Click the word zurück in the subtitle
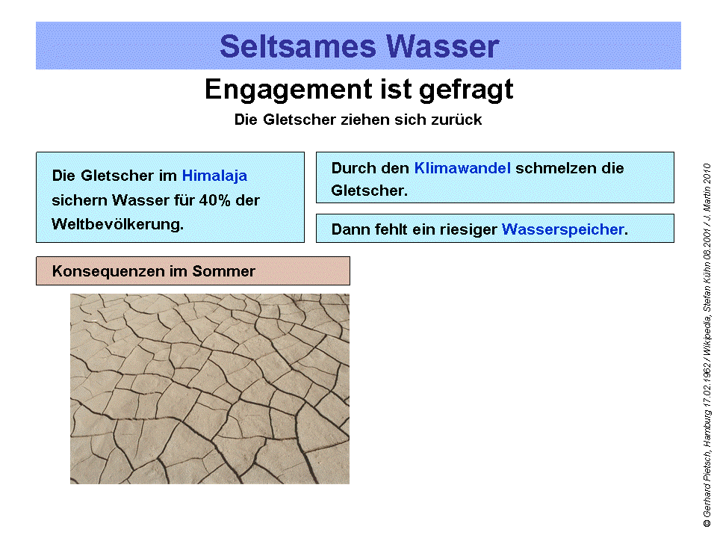pyautogui.click(x=457, y=120)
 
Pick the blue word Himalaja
pyautogui.click(x=214, y=176)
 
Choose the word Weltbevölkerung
pyautogui.click(x=117, y=224)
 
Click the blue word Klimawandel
pyautogui.click(x=462, y=168)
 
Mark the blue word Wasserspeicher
pyautogui.click(x=562, y=230)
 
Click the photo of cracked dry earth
pyautogui.click(x=209, y=389)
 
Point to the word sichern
pyautogui.click(x=78, y=200)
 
